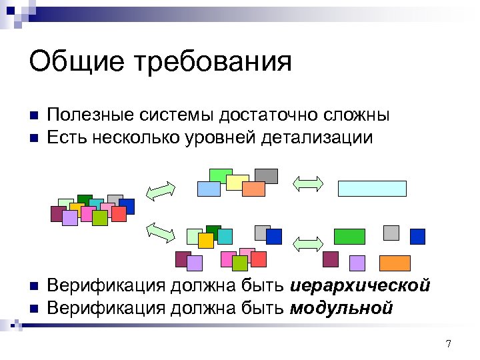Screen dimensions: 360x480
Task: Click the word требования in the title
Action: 213,63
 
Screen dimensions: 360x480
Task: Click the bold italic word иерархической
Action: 361,286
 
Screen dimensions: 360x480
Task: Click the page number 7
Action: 448,344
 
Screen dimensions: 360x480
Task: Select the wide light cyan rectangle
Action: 372,188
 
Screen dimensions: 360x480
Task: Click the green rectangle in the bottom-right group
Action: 349,236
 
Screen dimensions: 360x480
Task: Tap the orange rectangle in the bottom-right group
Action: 394,263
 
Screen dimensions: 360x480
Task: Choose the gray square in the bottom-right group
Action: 391,232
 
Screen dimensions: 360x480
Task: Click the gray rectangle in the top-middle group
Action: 266,175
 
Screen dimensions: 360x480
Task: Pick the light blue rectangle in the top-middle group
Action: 209,189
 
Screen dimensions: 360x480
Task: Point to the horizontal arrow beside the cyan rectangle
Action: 308,183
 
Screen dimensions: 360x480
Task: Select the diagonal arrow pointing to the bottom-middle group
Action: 160,231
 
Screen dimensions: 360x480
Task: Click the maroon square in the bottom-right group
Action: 330,259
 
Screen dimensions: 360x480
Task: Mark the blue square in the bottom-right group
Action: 417,236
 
